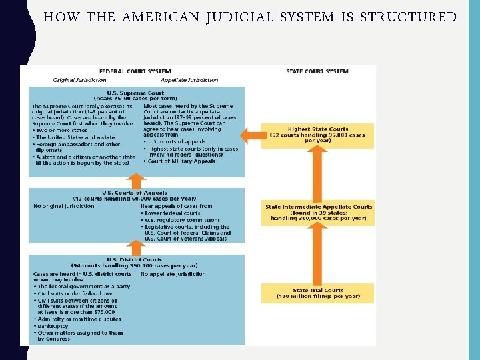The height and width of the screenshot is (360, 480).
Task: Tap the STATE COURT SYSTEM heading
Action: tap(317, 71)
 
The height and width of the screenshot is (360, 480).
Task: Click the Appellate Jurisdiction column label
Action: tap(189, 80)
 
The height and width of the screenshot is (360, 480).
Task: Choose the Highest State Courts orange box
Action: tap(317, 135)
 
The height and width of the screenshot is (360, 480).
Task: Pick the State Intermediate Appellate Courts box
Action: tap(317, 212)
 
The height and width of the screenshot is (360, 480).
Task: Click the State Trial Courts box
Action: tap(317, 293)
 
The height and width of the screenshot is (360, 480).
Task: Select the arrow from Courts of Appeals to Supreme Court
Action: tap(136, 181)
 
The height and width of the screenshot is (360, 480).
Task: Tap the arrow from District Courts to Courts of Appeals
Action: tap(136, 249)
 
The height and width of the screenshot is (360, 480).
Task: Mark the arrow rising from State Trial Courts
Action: tap(317, 257)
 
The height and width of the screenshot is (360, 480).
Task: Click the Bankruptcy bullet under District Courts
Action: tap(53, 326)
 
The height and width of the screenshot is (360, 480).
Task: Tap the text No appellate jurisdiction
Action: tap(173, 274)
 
